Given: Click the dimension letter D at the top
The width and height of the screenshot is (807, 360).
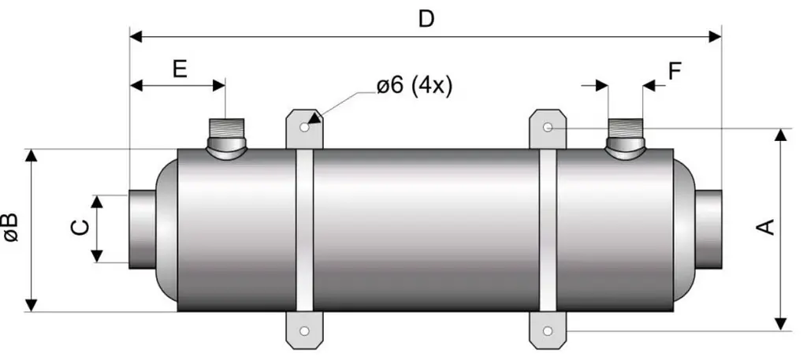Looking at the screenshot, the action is (426, 19).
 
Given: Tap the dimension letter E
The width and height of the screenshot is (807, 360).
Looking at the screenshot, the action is (180, 69).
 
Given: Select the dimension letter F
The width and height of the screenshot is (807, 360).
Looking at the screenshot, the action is (675, 72).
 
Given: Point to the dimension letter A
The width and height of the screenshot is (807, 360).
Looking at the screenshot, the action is (767, 227).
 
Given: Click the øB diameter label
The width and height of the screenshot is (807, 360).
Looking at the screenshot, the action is (10, 227).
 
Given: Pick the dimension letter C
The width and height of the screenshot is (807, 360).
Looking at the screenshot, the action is (80, 228).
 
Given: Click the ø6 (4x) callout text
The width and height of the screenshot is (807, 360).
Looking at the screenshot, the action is (415, 86).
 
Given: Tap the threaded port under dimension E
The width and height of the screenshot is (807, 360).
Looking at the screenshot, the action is (226, 138).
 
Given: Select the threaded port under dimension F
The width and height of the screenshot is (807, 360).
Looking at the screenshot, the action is (625, 138).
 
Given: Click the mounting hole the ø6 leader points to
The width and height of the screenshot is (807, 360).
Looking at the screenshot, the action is (304, 127).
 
